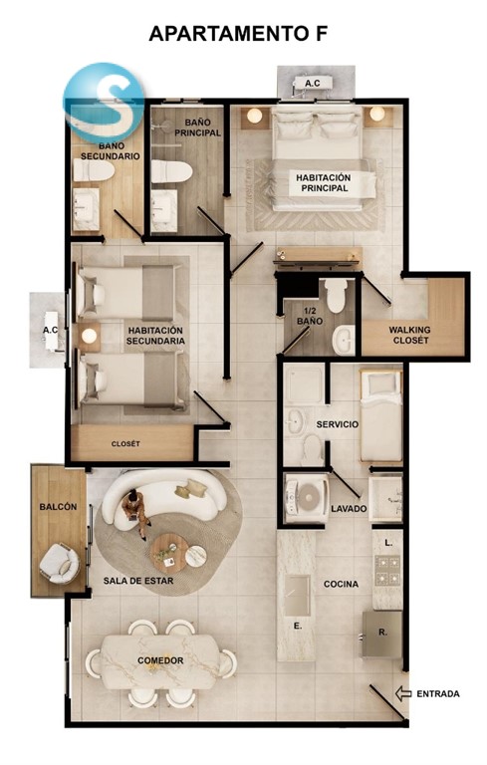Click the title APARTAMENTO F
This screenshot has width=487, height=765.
coord(238,34)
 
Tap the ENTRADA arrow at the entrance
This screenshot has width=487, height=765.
coord(403,693)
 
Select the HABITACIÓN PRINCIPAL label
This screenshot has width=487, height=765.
coord(324,183)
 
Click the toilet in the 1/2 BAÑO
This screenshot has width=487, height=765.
coord(337,295)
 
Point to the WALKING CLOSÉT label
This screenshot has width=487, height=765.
coord(410,335)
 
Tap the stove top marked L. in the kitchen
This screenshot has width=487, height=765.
coord(387,571)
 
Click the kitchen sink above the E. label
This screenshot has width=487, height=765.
coord(297,596)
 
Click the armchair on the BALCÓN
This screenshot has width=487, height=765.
coord(60,564)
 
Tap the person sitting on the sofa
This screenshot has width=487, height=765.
coord(136,513)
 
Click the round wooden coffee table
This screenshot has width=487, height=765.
coord(169,553)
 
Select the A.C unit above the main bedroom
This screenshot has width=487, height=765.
coord(313,84)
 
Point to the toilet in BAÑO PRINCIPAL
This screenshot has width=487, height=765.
coord(171,171)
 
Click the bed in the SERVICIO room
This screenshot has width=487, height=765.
coord(381,415)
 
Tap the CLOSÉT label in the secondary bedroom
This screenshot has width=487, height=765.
coord(125,444)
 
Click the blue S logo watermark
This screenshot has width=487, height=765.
coord(104,103)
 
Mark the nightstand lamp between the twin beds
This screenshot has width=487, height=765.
coord(89,335)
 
